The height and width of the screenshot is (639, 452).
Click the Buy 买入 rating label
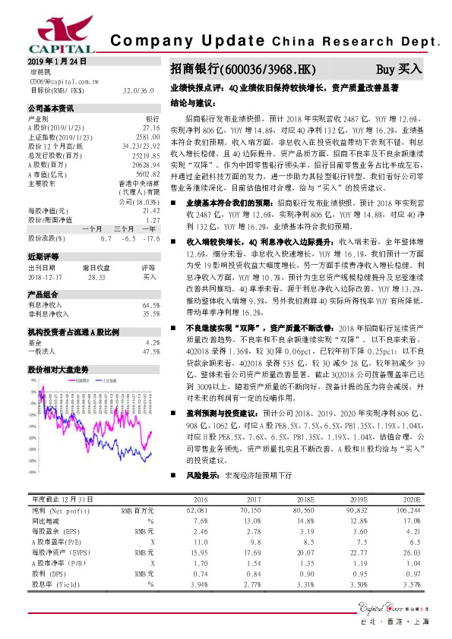pyautogui.click(x=399, y=69)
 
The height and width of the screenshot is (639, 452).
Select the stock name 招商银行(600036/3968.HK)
pyautogui.click(x=242, y=69)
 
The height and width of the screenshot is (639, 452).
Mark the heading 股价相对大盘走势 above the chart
pyautogui.click(x=58, y=368)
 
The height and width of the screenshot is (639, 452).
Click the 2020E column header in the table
pyautogui.click(x=411, y=501)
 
